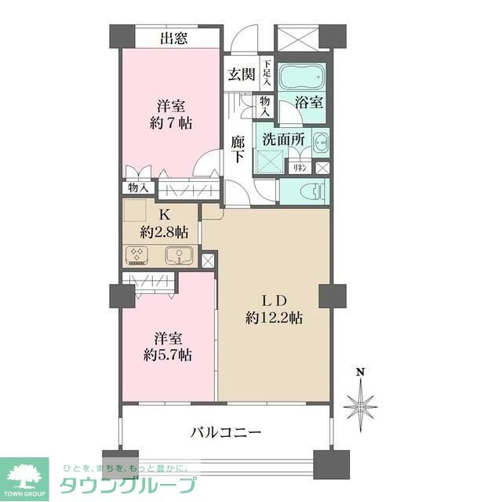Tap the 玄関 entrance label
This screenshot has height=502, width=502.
click(x=242, y=75)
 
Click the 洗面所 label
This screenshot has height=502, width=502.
click(x=282, y=139)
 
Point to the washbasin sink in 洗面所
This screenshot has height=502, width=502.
click(x=321, y=144)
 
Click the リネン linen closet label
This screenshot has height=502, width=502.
click(x=300, y=167)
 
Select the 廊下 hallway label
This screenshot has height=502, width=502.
click(x=238, y=149)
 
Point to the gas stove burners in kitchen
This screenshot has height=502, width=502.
click(x=138, y=254)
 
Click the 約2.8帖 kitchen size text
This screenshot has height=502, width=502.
click(x=165, y=231)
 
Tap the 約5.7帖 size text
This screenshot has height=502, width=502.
click(x=168, y=355)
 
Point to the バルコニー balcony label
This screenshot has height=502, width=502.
click(x=226, y=431)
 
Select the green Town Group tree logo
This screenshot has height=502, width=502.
click(x=24, y=475)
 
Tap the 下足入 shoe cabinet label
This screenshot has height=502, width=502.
click(x=267, y=75)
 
